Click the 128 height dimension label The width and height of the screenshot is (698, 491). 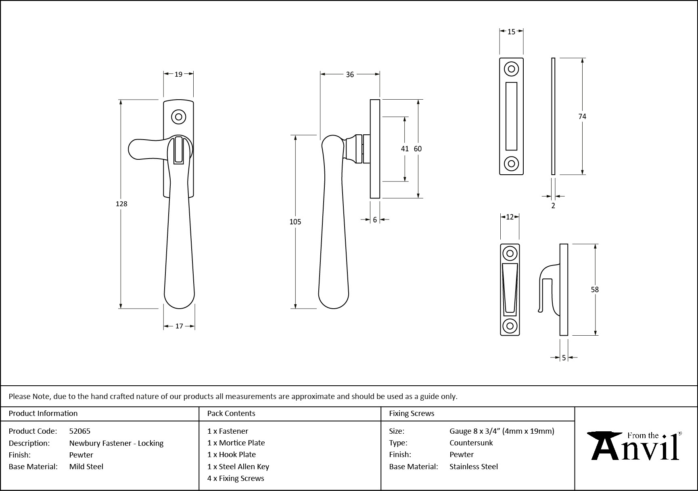pos(121,204)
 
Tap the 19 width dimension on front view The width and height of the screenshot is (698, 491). pos(178,74)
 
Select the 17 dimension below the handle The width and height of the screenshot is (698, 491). pos(179,326)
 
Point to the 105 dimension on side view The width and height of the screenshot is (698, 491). pos(295,221)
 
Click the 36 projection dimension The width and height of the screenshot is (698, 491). pos(350,74)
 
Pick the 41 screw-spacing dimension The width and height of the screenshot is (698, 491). pos(405,148)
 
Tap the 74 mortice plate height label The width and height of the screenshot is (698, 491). pos(582,116)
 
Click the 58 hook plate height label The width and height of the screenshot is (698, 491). pos(595,289)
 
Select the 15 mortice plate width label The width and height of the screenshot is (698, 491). pos(511,31)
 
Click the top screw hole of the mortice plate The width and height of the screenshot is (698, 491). pos(511,69)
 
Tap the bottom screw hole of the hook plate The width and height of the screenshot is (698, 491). pos(510,326)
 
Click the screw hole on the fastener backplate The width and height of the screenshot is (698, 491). pos(178,117)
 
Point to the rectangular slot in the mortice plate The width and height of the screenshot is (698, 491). pos(511,116)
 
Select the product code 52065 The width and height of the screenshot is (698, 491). pos(80,431)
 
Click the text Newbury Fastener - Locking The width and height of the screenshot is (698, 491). pos(116,443)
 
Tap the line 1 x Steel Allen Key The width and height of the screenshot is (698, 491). pos(238,466)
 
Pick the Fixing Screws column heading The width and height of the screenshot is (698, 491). pos(412,413)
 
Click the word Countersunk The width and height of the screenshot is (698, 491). pos(471,443)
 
